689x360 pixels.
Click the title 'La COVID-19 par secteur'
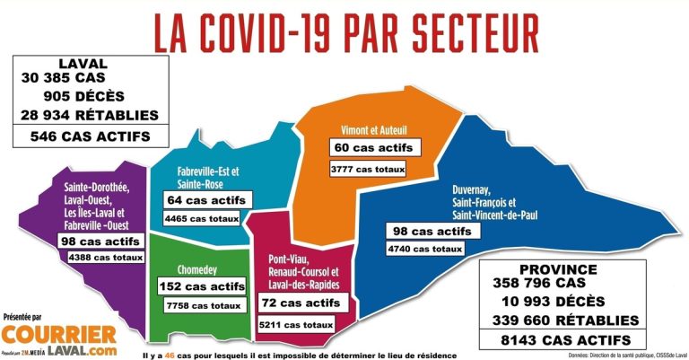click(x=345, y=33)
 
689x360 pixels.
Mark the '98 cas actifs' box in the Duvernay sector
click(x=429, y=231)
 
